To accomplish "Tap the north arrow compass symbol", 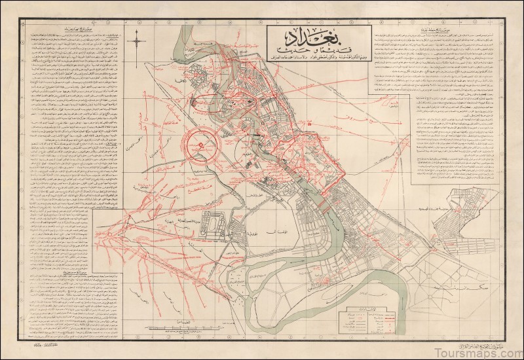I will coord(137,45).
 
